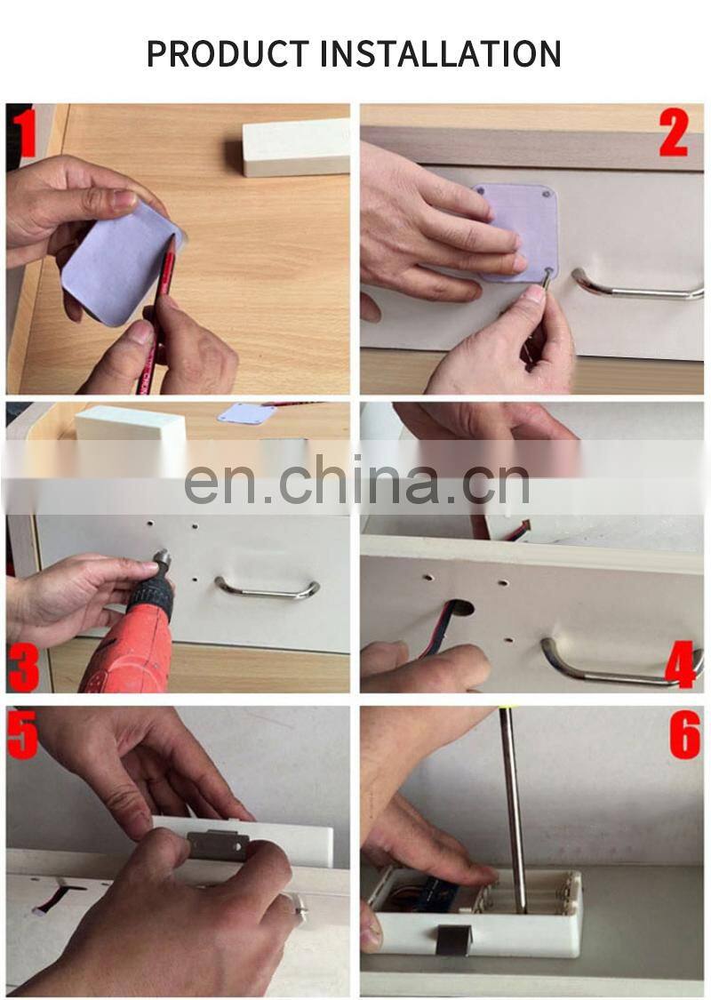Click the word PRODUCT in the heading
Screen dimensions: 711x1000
point(228,53)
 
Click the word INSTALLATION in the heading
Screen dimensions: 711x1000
point(440,53)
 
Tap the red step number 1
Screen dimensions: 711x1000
point(25,132)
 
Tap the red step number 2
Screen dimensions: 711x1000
point(674,132)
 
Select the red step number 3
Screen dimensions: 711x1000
point(24,667)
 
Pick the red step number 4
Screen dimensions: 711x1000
point(681,665)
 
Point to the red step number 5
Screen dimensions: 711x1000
point(23,734)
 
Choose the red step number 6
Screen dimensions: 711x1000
point(685,735)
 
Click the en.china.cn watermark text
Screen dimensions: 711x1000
point(357,482)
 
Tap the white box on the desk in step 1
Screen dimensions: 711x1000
point(296,148)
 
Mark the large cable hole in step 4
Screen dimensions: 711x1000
point(460,607)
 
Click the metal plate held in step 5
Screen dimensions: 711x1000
point(218,845)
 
